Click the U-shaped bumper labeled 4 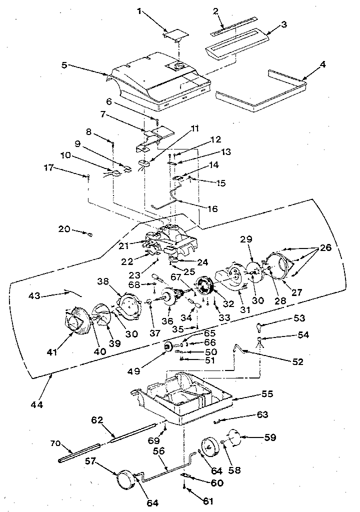pos(260,98)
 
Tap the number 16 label pos(213,208)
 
